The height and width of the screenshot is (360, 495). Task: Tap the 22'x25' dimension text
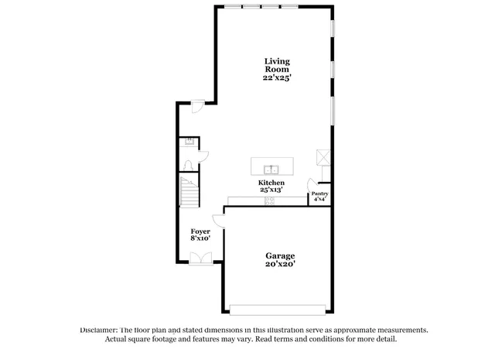point(276,77)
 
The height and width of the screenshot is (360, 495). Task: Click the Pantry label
point(319,193)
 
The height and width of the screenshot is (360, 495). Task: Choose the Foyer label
point(200,231)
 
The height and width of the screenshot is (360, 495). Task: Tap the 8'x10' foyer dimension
point(200,239)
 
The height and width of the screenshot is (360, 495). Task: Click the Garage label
point(280,256)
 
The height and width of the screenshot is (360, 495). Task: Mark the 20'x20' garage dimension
point(280,265)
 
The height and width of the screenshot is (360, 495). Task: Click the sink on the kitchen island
point(271,169)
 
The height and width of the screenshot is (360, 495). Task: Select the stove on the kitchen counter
point(270,201)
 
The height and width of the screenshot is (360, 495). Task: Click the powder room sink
point(188,142)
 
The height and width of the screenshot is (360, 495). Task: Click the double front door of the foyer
point(200,261)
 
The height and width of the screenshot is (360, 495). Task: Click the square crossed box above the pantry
point(323,157)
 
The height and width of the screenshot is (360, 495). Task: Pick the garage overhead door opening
point(278,309)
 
